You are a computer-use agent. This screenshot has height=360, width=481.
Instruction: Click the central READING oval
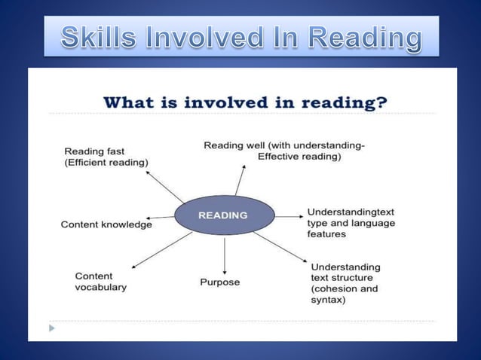224,215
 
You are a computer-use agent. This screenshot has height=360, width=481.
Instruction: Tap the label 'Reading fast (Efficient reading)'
106,157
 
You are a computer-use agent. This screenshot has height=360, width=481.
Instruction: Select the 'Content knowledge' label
106,224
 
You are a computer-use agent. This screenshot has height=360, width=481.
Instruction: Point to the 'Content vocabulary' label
100,281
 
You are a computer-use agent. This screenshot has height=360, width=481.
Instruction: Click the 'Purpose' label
219,282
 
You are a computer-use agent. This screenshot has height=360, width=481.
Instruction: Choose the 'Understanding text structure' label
345,283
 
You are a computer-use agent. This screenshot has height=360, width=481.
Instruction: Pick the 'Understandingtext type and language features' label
351,223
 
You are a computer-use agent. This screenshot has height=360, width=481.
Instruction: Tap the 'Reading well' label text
283,151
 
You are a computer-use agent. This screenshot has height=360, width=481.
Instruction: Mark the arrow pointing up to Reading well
240,181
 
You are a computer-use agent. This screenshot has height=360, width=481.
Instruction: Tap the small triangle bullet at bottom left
51,328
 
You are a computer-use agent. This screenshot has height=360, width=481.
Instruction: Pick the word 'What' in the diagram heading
127,102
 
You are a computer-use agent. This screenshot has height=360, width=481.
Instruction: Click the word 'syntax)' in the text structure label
328,300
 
